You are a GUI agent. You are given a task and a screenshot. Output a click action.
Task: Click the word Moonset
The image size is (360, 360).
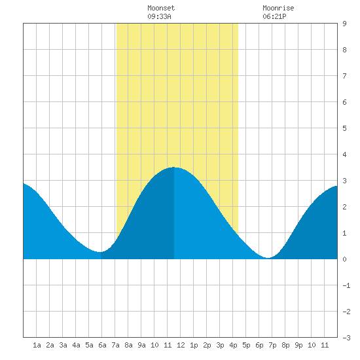pos(161,8)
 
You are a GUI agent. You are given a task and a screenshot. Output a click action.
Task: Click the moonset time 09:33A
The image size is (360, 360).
pos(159,16)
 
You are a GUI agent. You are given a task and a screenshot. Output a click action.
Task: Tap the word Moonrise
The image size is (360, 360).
pos(278,8)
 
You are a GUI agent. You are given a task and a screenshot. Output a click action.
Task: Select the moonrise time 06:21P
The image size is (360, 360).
pos(274,16)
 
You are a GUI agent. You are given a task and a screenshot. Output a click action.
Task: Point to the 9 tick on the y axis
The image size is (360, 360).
pos(344,24)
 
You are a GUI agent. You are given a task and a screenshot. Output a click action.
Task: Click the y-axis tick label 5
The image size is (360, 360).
pos(344,128)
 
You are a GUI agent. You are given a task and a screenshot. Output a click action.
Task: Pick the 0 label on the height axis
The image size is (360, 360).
pos(344,259)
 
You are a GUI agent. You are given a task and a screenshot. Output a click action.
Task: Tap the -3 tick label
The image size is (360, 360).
pos(346,338)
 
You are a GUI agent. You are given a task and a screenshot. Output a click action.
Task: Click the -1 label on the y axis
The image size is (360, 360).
pos(346,285)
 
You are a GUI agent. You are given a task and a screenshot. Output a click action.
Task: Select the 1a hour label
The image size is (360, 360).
pos(37,345)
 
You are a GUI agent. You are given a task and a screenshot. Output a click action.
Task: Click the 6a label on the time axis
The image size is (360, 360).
pos(102,345)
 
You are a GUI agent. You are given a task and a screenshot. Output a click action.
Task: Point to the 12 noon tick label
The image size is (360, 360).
pos(181,345)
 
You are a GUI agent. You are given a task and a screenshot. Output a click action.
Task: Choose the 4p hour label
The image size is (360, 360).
pos(233,345)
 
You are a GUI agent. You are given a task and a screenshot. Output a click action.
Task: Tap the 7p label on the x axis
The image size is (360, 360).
pos(272,345)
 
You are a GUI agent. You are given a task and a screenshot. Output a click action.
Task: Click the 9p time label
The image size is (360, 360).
pos(298,345)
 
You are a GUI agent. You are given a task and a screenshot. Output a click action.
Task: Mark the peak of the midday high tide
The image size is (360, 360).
pos(173,168)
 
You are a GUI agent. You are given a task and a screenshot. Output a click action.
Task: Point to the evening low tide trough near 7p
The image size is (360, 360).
pos(268,258)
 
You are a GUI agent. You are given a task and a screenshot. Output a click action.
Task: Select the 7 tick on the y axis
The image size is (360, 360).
pos(344,76)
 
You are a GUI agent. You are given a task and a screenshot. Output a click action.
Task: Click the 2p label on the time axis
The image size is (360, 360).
pos(207,345)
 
